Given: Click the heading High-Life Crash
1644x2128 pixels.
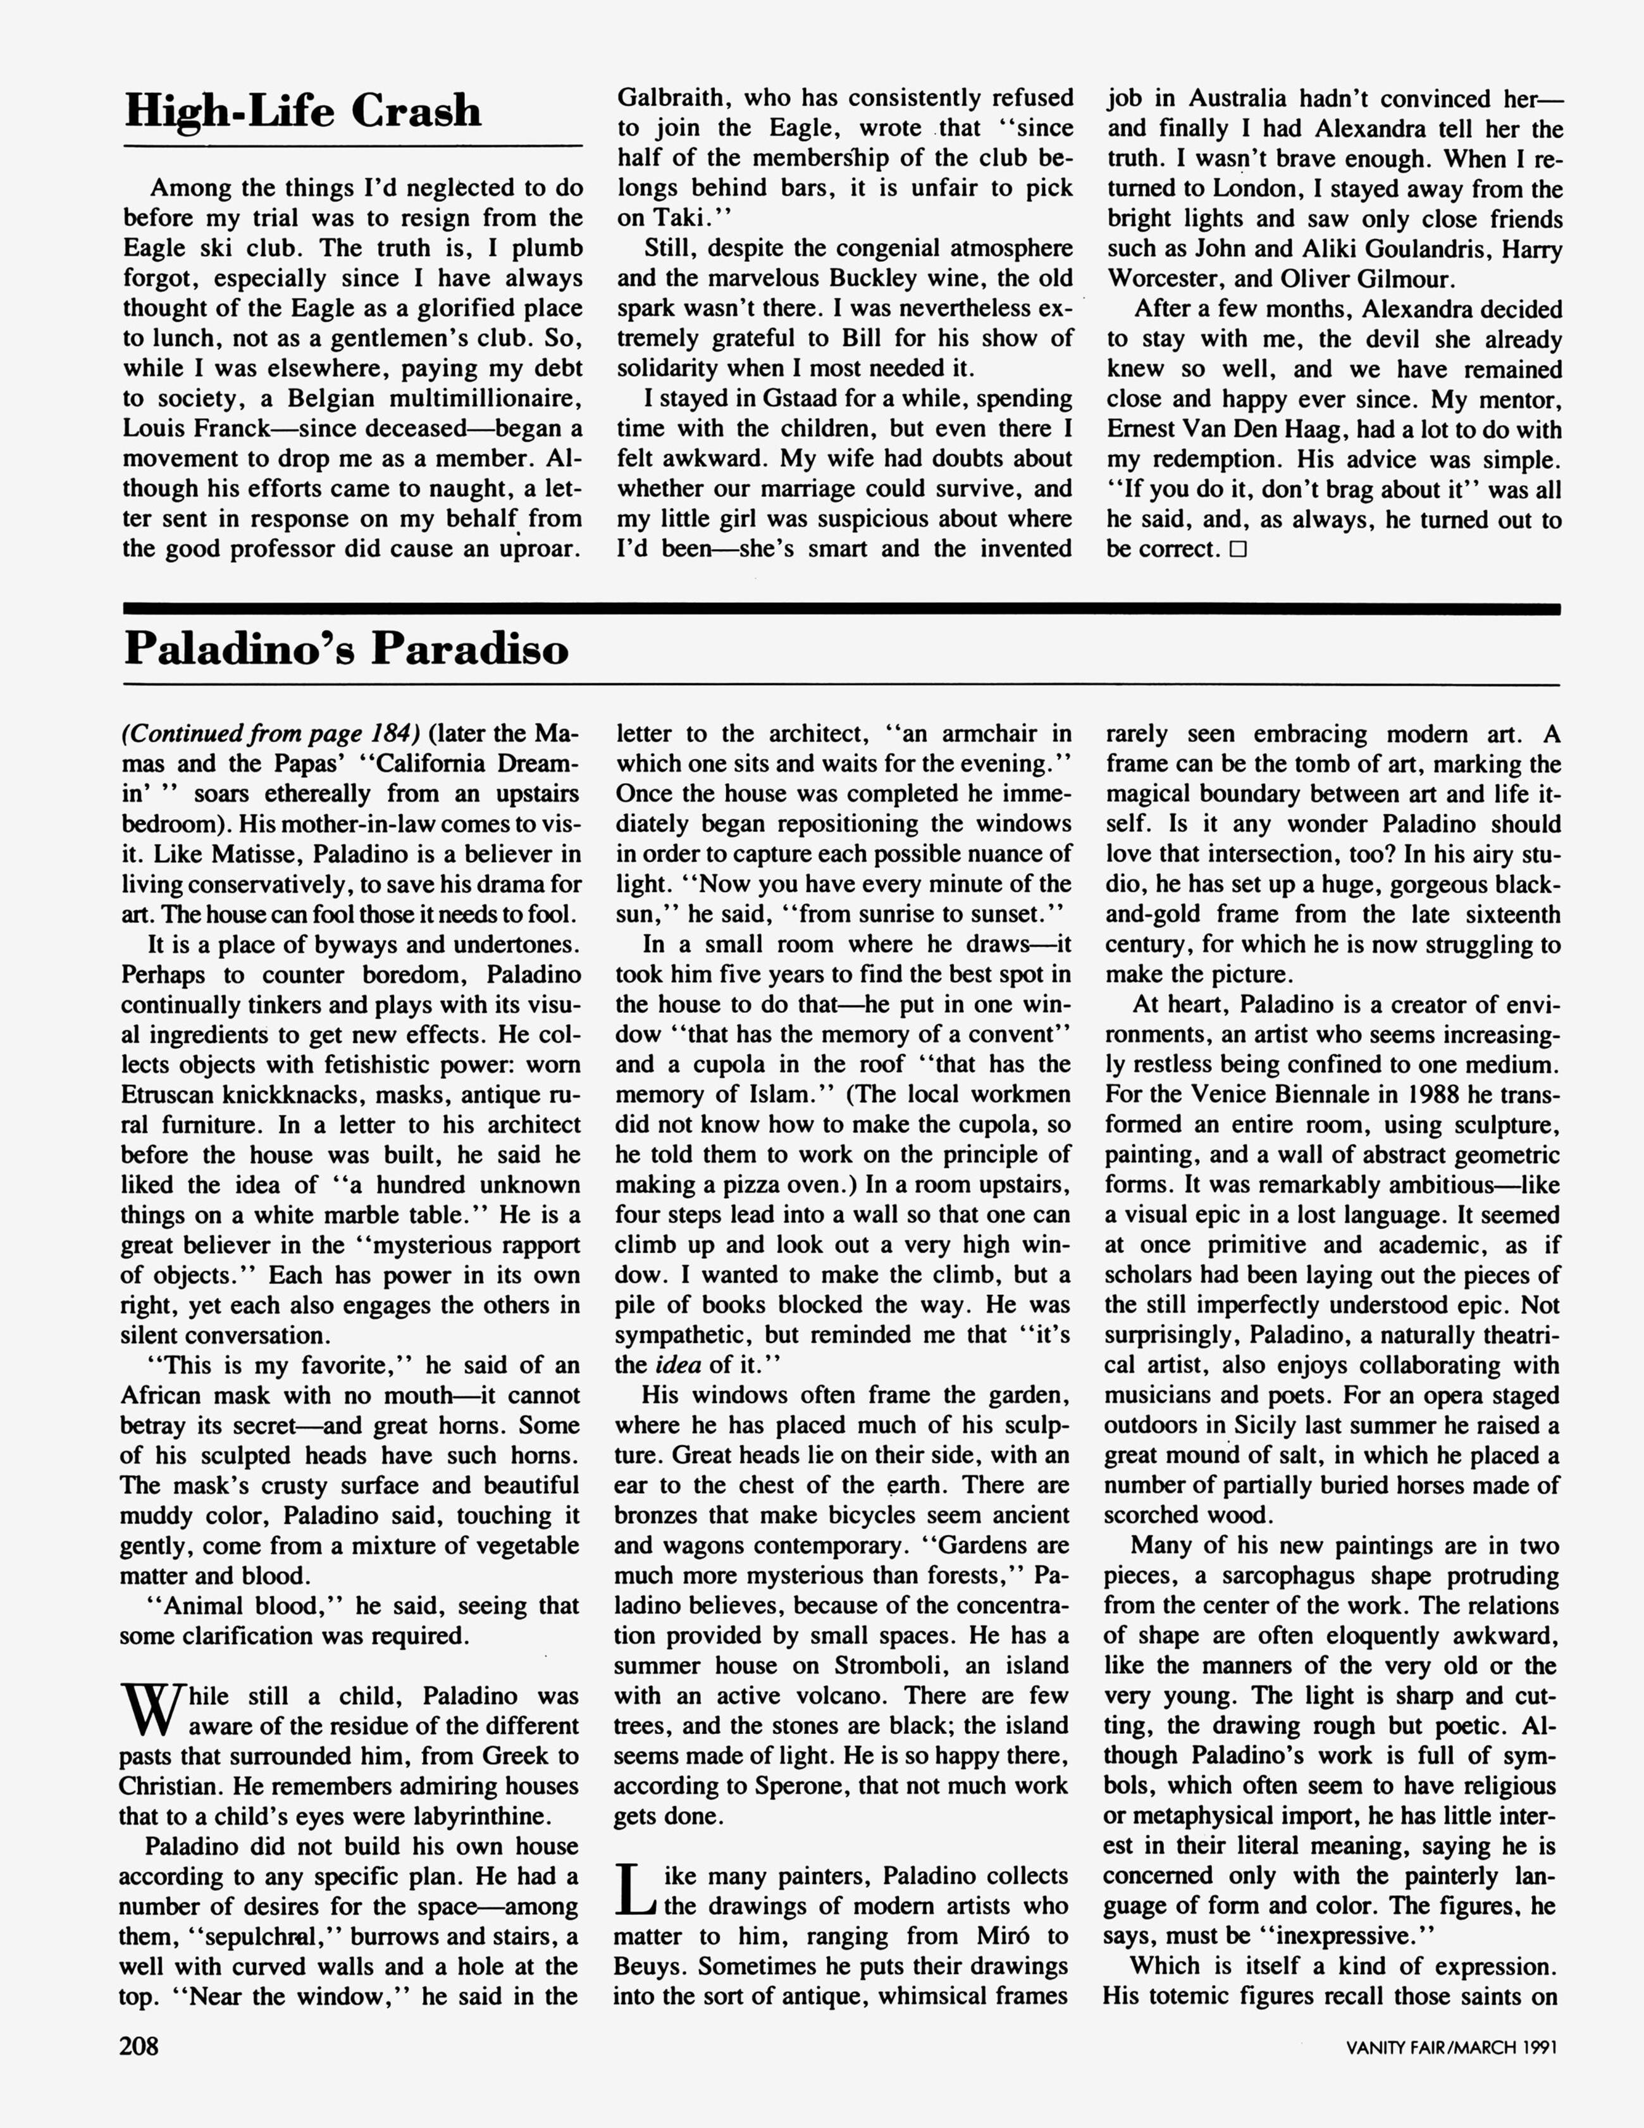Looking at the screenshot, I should pyautogui.click(x=303, y=110).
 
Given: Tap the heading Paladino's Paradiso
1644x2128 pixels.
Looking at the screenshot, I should pyautogui.click(x=346, y=649).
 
